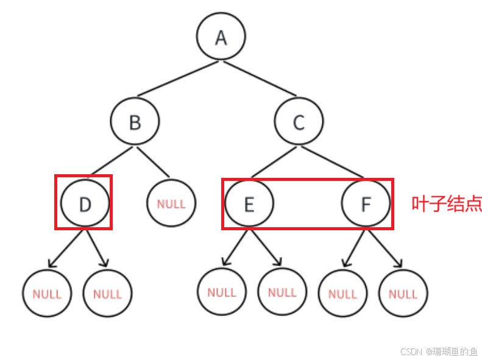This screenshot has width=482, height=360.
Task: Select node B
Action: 135,122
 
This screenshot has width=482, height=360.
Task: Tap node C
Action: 299,122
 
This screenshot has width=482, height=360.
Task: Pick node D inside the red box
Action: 85,203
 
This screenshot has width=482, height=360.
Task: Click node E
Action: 249,203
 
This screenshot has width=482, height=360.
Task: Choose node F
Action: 366,203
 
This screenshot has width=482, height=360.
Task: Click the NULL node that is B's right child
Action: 171,203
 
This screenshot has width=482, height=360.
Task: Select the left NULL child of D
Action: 47,294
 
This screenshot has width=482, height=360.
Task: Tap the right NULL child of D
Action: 107,294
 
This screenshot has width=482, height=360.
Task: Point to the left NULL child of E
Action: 222,292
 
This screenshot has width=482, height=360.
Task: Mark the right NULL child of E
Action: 282,292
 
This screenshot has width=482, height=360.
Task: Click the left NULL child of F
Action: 342,294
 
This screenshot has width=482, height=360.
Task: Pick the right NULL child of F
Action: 403,294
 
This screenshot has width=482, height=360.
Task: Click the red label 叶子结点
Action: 447,204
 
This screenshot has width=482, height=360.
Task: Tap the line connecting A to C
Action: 259,79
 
